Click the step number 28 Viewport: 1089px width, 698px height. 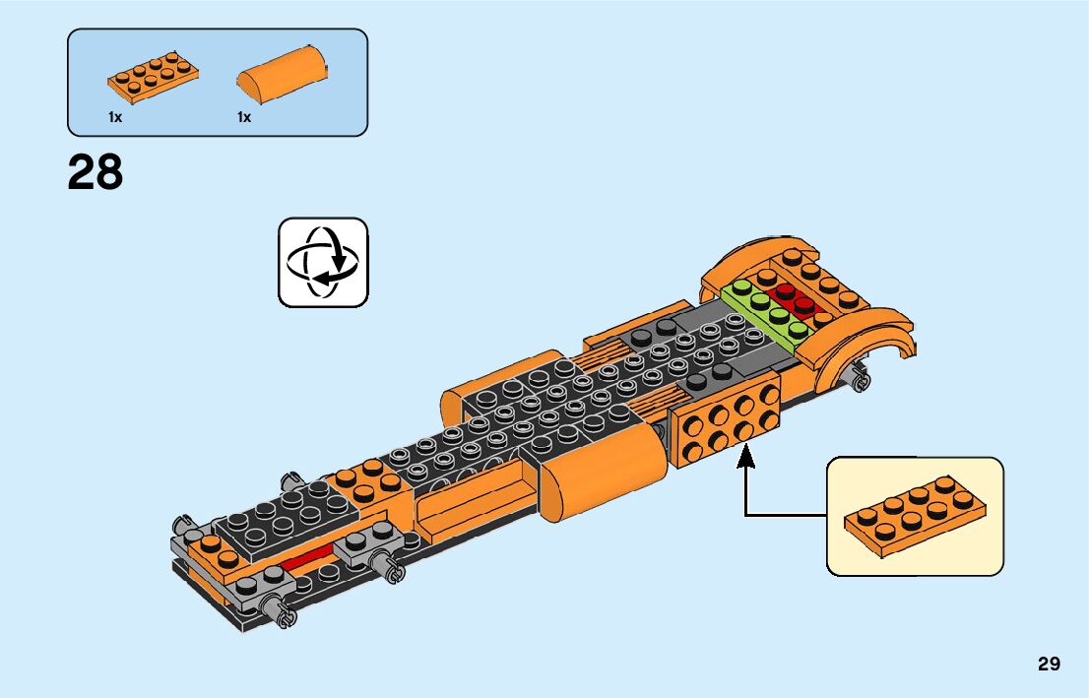click(96, 173)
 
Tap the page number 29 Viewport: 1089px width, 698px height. click(1049, 664)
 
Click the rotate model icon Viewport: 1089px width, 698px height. click(323, 262)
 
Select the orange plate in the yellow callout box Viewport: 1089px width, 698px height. click(915, 515)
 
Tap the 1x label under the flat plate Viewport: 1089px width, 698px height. click(115, 117)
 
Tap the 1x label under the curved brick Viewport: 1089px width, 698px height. click(244, 117)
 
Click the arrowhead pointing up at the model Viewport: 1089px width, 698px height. click(745, 456)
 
